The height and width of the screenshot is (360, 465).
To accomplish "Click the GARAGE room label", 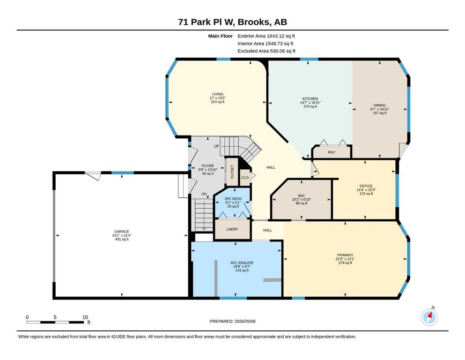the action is coord(122,232).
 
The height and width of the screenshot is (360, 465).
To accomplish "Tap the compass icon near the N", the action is coord(429,317).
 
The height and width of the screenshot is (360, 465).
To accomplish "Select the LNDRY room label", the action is coord(232,229).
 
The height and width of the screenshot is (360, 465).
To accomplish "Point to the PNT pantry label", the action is coord(332,152).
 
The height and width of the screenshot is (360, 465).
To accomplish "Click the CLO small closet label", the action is coord(244,178).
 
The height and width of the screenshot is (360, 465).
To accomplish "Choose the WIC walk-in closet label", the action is coord(301,195).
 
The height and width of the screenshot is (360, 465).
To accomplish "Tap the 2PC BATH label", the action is coord(233,199).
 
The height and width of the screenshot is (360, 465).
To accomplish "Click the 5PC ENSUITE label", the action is coord(242,262).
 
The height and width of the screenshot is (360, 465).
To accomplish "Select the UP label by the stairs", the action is coord(216,146).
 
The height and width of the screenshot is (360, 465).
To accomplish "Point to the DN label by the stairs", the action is coord(204,194).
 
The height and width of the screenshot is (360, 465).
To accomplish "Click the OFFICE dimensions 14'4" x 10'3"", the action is coord(366,190).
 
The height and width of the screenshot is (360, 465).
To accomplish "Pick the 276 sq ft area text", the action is coord(345,262).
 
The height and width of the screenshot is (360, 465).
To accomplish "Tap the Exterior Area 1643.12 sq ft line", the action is coord(266,36).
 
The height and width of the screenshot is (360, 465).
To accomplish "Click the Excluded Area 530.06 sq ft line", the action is coord(266,51).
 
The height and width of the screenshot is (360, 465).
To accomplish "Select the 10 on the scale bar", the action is coord(85,317).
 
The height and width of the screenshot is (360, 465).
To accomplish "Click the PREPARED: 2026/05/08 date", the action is coord(232,321).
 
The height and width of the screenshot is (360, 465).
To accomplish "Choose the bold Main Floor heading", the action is coord(221,36).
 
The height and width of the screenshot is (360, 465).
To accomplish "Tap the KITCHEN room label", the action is coord(310,98).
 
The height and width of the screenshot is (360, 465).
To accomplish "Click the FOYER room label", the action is coord(207,166).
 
